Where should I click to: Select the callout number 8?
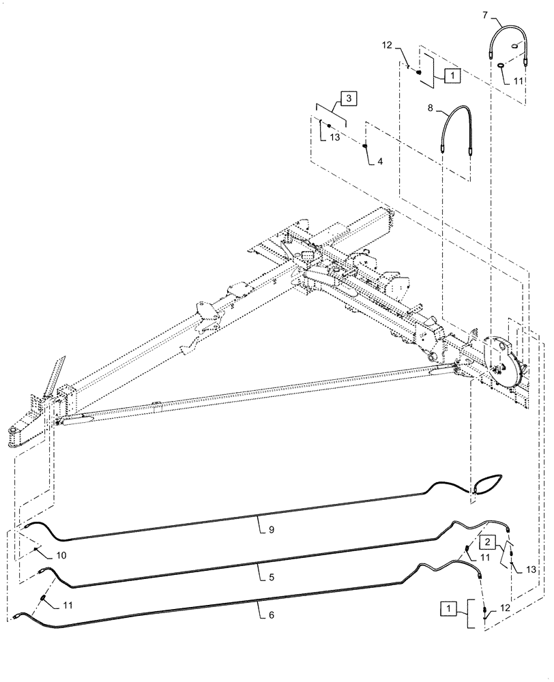pyautogui.click(x=431, y=108)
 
